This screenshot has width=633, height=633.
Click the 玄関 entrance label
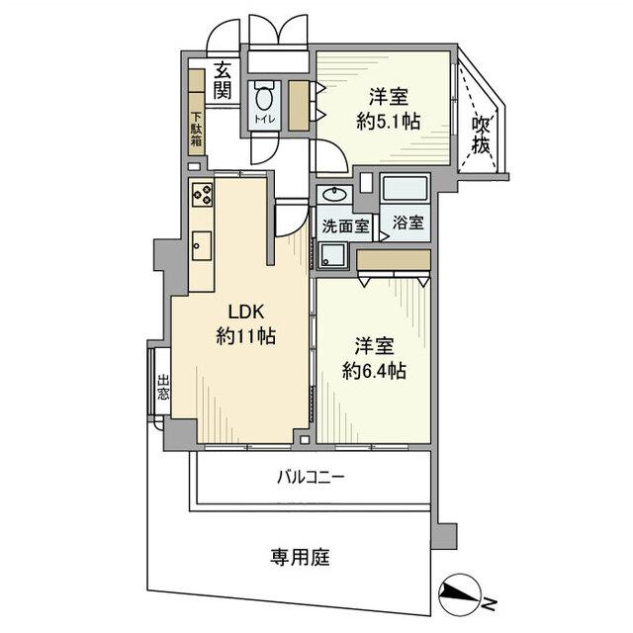tap(223, 80)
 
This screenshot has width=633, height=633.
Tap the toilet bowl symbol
tap(264, 100)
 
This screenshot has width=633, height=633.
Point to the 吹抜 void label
tap(482, 135)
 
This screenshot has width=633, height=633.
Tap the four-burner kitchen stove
tap(203, 195)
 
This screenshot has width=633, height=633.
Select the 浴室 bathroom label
tap(407, 222)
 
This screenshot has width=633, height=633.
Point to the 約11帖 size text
tap(244, 336)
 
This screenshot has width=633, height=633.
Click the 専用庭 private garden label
tap(301, 557)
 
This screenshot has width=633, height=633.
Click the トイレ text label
tap(264, 121)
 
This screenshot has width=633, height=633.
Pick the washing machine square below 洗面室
tap(333, 254)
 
